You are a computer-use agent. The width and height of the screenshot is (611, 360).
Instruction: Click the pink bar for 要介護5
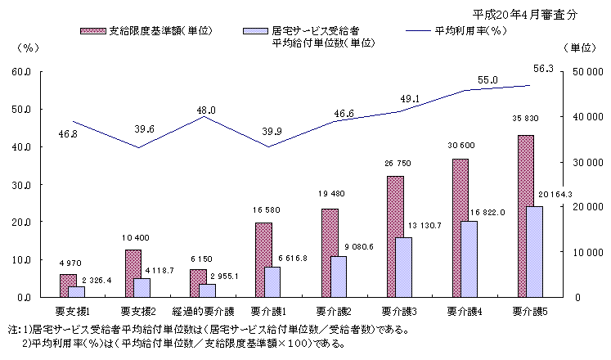tap(525, 216)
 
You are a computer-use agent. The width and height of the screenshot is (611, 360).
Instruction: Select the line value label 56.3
tap(543, 69)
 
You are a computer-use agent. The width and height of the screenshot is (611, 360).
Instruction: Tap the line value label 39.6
tap(146, 128)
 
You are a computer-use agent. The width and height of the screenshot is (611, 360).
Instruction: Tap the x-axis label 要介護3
tap(400, 311)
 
